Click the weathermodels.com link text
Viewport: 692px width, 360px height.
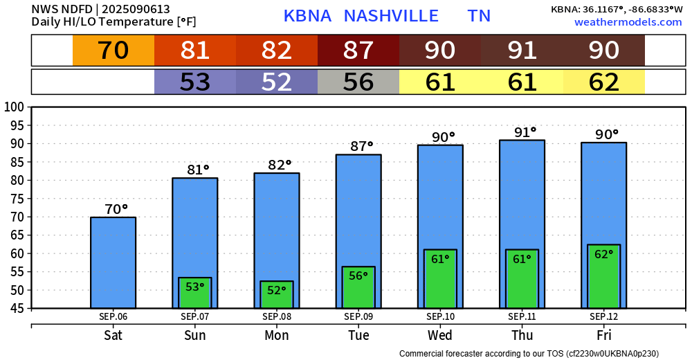coord(628,22)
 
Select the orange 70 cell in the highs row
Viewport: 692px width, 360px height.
coord(113,51)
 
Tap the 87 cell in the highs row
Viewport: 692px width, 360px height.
coord(358,51)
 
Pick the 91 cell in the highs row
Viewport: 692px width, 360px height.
coord(522,51)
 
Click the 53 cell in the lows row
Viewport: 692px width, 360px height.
coord(195,82)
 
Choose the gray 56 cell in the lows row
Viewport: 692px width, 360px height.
coord(358,82)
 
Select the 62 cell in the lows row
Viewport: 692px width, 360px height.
coord(603,82)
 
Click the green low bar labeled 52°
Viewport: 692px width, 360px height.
coord(277,294)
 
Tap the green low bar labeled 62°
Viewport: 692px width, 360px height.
coord(603,276)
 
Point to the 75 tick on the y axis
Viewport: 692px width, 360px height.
coord(16,199)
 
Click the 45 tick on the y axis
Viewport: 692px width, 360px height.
coord(16,308)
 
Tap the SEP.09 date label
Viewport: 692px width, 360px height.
coord(358,317)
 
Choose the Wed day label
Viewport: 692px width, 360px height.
coord(440,336)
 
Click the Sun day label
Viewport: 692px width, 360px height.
coord(195,336)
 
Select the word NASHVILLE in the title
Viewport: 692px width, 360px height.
coord(391,16)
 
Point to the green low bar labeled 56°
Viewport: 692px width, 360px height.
coord(358,287)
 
